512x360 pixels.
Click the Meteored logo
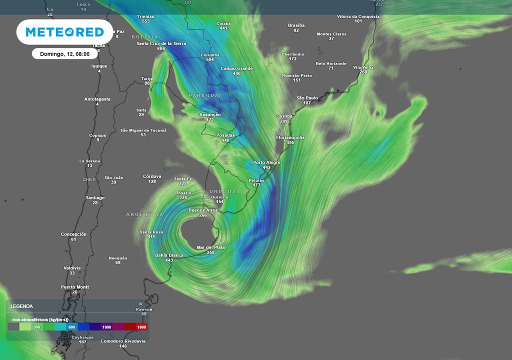64,32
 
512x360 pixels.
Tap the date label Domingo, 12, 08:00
65,54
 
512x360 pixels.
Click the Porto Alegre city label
266,162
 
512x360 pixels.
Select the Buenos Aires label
203,210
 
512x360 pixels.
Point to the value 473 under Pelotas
256,185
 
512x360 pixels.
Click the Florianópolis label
290,137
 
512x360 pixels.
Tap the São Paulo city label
307,98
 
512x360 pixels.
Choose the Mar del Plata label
210,247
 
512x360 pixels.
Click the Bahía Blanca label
169,255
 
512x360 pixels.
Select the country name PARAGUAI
204,95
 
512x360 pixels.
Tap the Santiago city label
95,197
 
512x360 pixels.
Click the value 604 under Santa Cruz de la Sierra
160,48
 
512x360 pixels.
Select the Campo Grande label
236,68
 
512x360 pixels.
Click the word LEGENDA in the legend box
21,306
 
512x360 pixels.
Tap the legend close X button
140,303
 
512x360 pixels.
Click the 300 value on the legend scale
36,326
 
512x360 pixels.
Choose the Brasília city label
296,25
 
